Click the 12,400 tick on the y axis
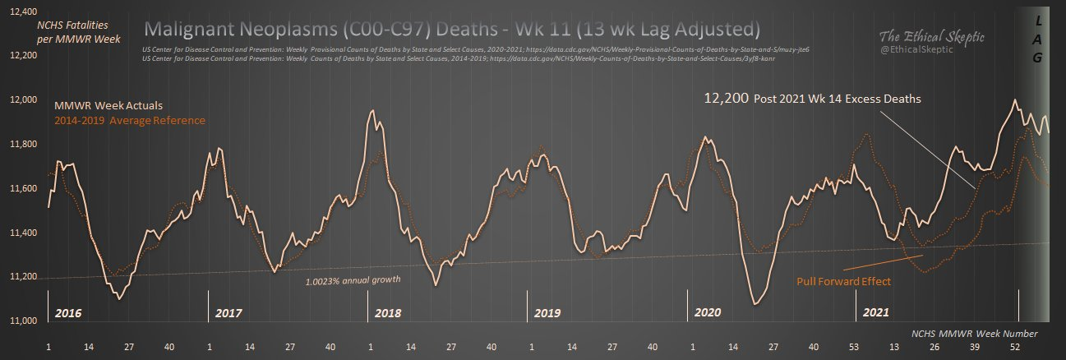[x=18, y=12]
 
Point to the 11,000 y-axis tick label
[x=18, y=321]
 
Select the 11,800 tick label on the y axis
[x=18, y=144]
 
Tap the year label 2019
[x=547, y=313]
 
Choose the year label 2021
[x=874, y=313]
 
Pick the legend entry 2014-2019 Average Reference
[x=129, y=121]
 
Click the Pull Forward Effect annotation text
[x=844, y=281]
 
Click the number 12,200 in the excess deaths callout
[x=725, y=99]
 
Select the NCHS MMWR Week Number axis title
[x=975, y=334]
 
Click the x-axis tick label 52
[x=1015, y=348]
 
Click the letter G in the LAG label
[x=1037, y=58]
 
